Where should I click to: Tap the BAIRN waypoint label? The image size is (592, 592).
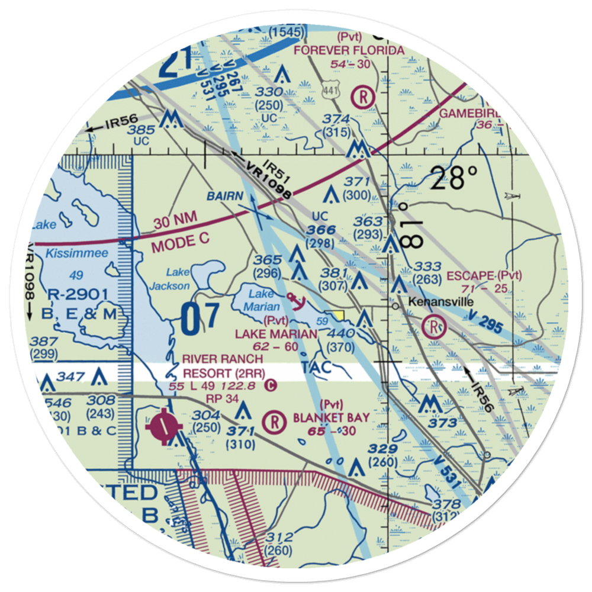(224, 196)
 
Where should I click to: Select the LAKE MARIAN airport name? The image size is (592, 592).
(276, 334)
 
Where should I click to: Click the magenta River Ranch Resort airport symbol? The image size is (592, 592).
(163, 424)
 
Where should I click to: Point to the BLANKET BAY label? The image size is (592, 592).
(332, 418)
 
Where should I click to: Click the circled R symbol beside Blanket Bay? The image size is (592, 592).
(274, 422)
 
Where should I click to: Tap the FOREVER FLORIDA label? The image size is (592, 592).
(353, 50)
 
